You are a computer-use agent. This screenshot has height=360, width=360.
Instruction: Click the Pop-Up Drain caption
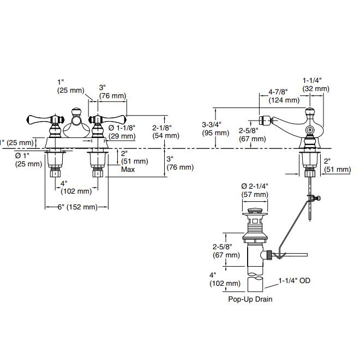(250, 299)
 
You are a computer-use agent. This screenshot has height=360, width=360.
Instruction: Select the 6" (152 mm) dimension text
(78, 207)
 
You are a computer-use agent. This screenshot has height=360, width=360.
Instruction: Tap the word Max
(129, 170)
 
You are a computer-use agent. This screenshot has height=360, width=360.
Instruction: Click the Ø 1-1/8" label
(122, 127)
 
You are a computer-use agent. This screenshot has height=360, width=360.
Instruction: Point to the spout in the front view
(77, 129)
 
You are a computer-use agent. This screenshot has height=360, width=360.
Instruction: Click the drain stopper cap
(254, 210)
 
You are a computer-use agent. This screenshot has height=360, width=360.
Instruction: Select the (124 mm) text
(284, 100)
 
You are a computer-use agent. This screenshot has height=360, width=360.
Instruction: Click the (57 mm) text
(255, 194)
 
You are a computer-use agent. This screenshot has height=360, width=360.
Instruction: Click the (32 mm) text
(316, 88)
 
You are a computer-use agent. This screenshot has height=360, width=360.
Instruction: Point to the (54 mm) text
(166, 135)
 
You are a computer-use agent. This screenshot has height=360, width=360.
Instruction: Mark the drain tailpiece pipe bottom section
(255, 285)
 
